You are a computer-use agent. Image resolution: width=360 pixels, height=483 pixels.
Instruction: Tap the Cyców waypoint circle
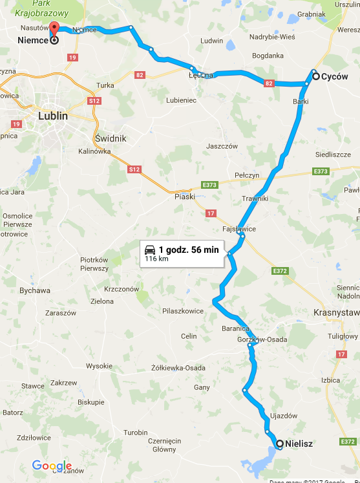pyautogui.click(x=315, y=76)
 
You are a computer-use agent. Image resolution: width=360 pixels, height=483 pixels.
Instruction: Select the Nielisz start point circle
pyautogui.click(x=279, y=444)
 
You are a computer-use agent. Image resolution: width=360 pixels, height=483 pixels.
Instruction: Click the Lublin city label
pyautogui.click(x=53, y=116)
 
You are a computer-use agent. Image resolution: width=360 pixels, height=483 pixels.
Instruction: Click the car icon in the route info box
pyautogui.click(x=150, y=249)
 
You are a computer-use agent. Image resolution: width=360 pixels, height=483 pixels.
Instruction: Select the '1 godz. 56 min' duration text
pyautogui.click(x=189, y=249)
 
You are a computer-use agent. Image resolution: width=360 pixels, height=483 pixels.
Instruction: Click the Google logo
pyautogui.click(x=52, y=466)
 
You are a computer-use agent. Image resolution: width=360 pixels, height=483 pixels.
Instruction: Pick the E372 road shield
pyautogui.click(x=279, y=271)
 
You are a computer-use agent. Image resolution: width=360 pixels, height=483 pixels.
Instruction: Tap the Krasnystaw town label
pyautogui.click(x=336, y=312)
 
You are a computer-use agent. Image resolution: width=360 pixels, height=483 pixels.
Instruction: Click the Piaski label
pyautogui.click(x=184, y=197)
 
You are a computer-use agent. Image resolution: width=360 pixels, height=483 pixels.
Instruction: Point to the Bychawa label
pyautogui.click(x=35, y=290)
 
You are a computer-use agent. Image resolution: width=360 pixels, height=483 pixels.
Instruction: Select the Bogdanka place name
pyautogui.click(x=268, y=56)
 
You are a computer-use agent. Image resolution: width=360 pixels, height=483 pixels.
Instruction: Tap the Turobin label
pyautogui.click(x=136, y=432)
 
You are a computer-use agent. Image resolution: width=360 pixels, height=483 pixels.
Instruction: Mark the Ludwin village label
pyautogui.click(x=212, y=41)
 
